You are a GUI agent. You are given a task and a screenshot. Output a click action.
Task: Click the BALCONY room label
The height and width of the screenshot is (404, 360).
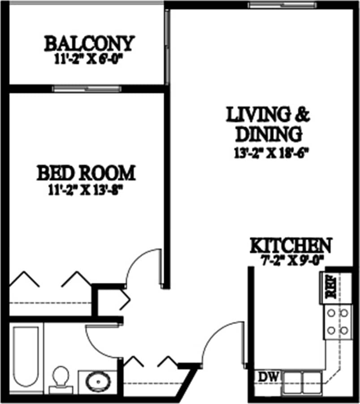pos(89,44)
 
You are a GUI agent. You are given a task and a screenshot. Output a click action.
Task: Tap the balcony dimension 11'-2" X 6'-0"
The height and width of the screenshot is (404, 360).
pos(89,59)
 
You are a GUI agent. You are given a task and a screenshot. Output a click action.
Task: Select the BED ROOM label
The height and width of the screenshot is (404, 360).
pos(86,173)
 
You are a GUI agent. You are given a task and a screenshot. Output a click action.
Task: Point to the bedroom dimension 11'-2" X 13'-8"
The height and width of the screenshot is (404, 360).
pos(86,189)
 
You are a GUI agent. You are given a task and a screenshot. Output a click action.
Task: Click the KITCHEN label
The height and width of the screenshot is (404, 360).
pos(291,246)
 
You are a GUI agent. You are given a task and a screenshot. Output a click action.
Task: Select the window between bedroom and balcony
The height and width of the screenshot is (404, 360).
pos(87,88)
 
